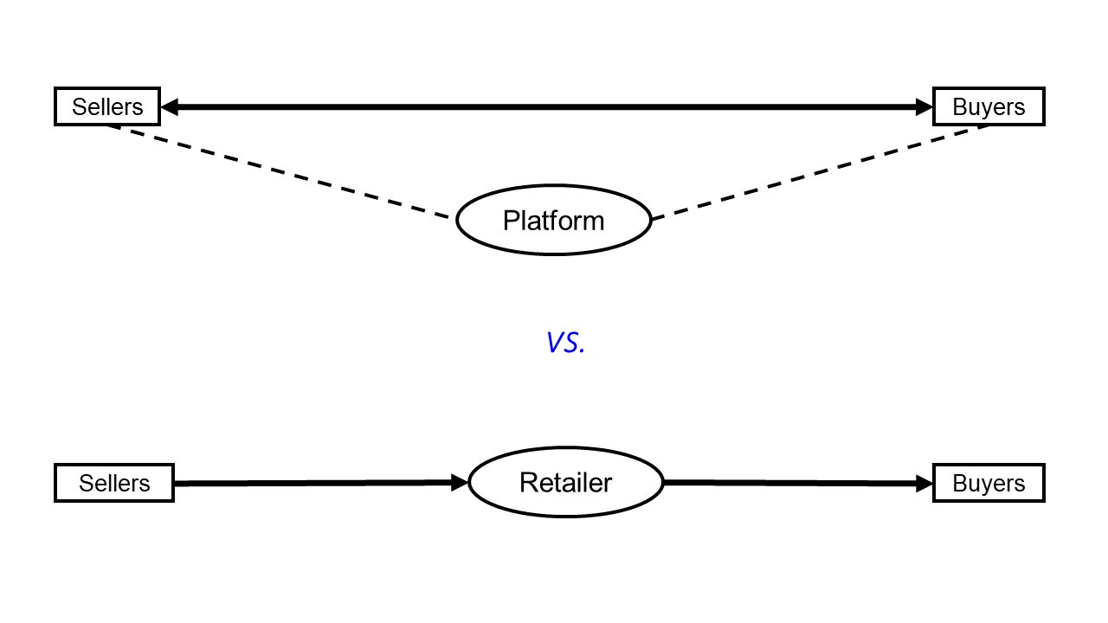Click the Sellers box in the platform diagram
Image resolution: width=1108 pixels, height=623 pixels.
[x=107, y=106]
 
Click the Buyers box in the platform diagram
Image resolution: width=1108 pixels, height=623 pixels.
[x=989, y=106]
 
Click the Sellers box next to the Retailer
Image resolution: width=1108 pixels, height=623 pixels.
[x=114, y=483]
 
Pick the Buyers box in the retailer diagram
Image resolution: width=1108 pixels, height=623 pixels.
[x=989, y=483]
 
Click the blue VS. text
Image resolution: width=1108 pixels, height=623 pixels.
[x=565, y=343]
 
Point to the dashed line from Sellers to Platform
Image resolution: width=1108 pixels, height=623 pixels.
[x=277, y=170]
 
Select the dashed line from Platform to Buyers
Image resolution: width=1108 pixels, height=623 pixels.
[x=822, y=171]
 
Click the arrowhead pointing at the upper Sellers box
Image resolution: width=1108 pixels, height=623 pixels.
[x=170, y=107]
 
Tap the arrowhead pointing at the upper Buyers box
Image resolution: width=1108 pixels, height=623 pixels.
[x=924, y=107]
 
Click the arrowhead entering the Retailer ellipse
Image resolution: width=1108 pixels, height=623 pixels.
[x=460, y=483]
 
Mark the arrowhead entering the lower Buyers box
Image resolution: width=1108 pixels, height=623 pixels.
[x=924, y=484]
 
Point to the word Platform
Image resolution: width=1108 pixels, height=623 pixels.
[x=553, y=221]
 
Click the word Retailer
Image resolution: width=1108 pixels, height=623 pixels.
[x=565, y=483]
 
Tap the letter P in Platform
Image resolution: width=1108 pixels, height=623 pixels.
[x=511, y=221]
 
